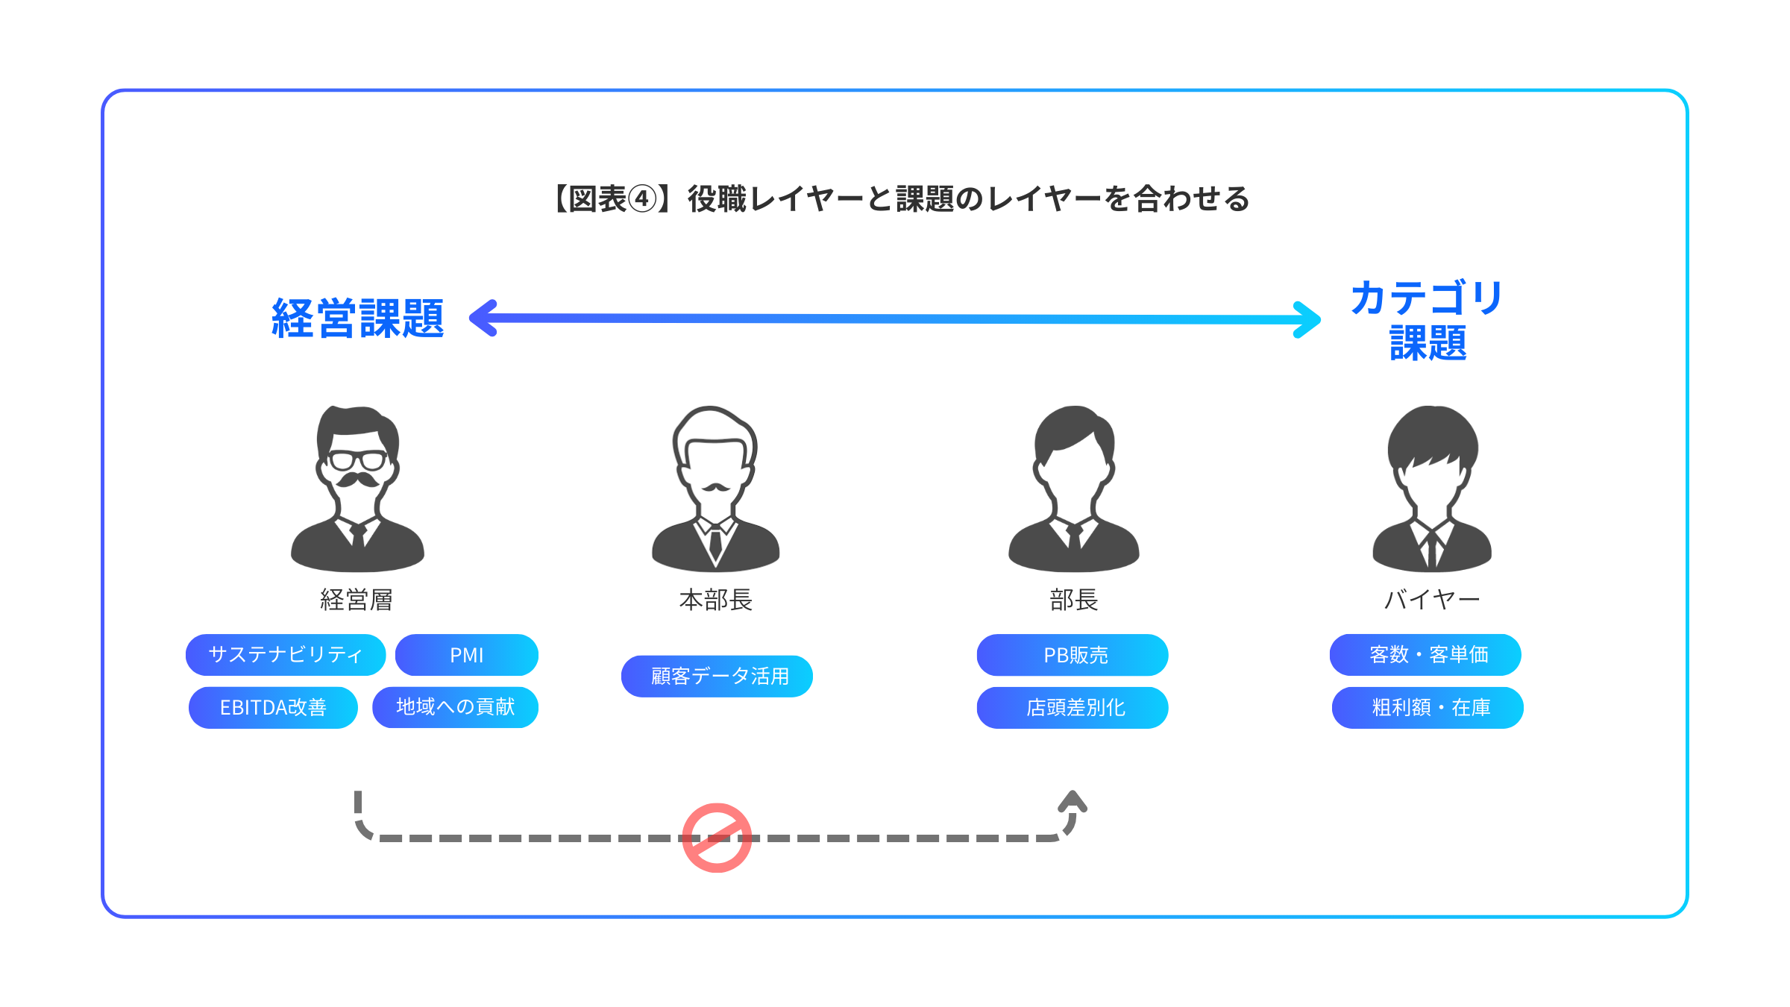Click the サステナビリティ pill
286,655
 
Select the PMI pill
467,655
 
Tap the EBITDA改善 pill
273,707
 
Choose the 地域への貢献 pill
455,707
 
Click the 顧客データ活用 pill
717,677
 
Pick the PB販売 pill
1073,655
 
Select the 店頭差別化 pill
1073,707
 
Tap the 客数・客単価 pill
1425,655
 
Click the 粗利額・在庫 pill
1428,707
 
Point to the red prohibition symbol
717,838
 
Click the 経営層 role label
357,600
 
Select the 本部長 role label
716,600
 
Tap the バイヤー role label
1431,600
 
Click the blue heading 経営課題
358,319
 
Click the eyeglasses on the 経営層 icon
357,460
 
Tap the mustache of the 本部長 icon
716,488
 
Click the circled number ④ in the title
642,199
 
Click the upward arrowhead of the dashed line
1073,801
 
